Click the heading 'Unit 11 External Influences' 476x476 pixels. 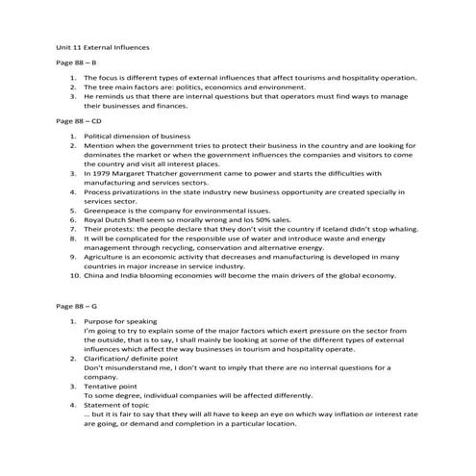[x=102, y=44]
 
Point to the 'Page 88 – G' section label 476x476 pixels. [x=77, y=304]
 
